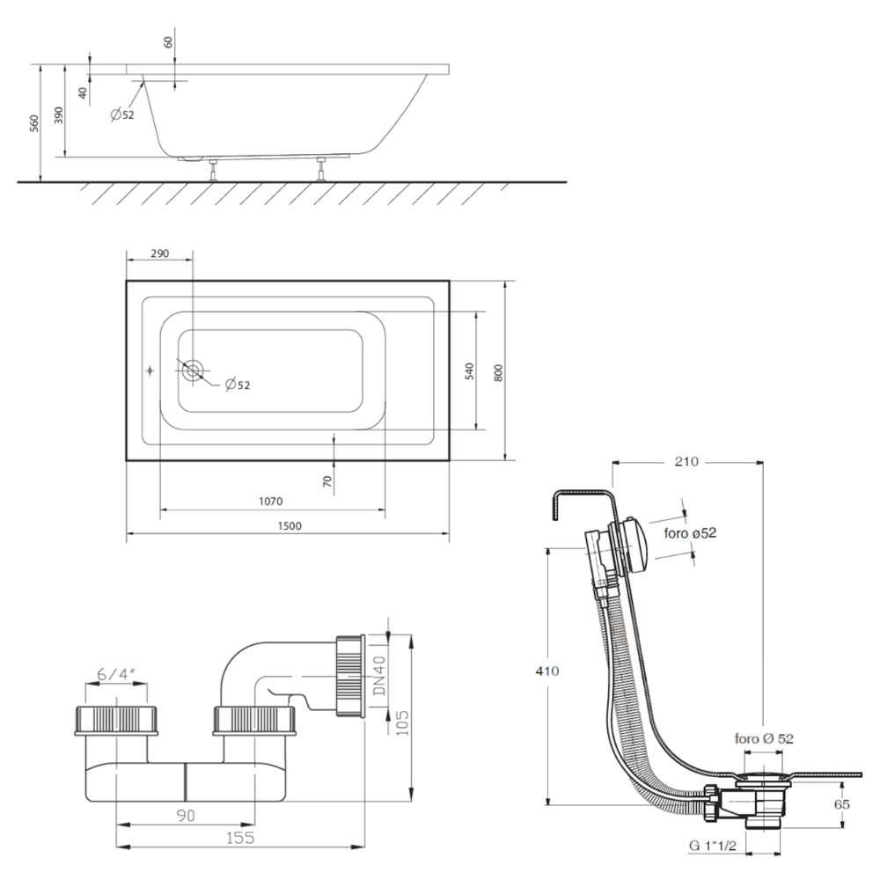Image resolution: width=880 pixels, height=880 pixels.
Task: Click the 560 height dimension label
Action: tap(34, 122)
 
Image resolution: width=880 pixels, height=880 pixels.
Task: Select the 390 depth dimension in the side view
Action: tap(59, 115)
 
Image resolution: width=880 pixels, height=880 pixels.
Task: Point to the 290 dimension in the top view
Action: tap(159, 253)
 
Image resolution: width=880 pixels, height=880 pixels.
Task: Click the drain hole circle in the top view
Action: tap(193, 370)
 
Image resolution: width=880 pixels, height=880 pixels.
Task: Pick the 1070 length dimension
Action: tap(270, 502)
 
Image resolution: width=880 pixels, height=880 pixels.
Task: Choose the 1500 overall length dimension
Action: tap(289, 526)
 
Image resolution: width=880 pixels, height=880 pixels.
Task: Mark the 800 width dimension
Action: tap(498, 371)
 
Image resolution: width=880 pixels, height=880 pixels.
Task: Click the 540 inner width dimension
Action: tap(470, 370)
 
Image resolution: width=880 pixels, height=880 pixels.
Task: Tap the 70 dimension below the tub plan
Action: tap(327, 481)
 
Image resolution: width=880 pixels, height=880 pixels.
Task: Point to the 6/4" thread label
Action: tap(116, 674)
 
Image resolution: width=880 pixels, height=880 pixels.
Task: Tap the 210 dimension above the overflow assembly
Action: tap(686, 462)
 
